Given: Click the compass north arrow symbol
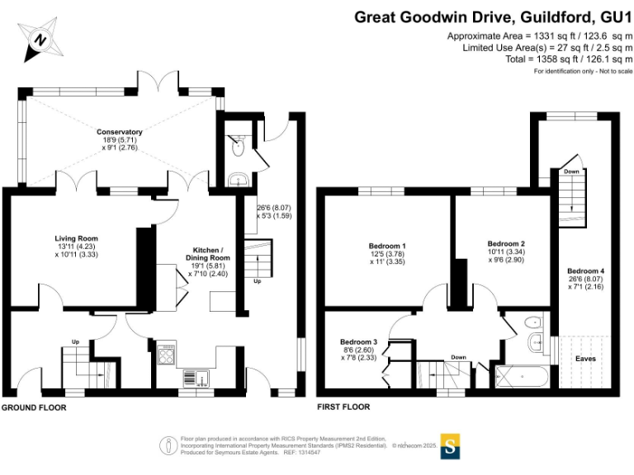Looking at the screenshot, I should coord(40,39).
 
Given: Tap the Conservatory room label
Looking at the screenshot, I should coord(120,132).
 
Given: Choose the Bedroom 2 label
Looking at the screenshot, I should coord(506,243).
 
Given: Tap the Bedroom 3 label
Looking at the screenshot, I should coord(358,342).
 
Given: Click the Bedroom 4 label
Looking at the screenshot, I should coord(585,271).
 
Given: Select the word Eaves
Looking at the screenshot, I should coord(586,359).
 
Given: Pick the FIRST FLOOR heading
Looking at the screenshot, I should coord(343,407).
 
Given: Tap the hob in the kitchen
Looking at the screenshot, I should coord(165,357).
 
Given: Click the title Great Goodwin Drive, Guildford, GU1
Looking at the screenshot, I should coord(494,16).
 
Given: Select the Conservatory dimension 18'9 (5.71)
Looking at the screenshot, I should coord(120,141).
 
